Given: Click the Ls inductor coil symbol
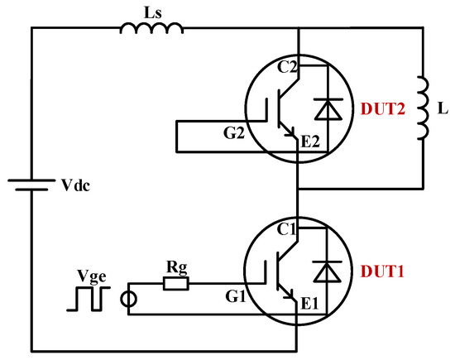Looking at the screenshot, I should coord(152,29).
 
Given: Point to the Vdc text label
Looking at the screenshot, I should coord(72,185).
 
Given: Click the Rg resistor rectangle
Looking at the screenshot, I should coord(175,284).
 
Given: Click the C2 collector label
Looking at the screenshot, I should coord(289,71).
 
